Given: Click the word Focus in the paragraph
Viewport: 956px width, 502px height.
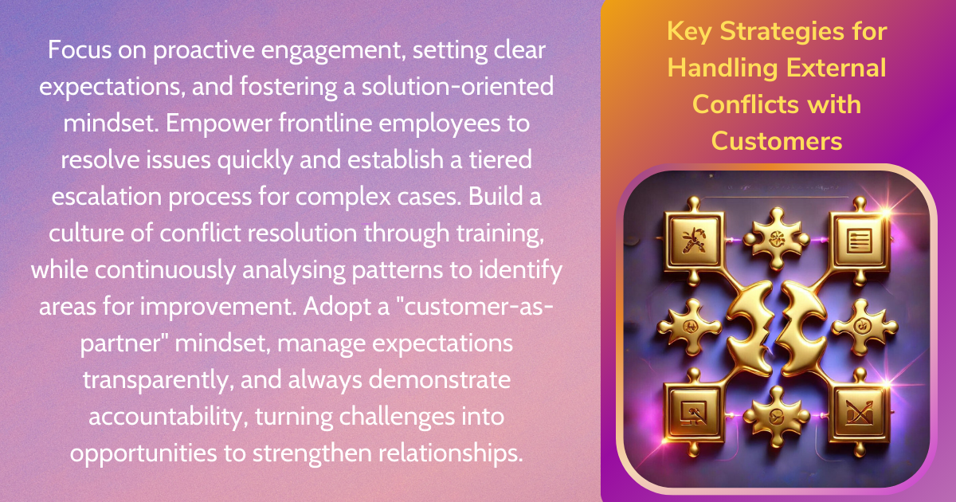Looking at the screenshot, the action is (x=80, y=50).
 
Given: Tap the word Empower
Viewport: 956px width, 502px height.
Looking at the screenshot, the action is (x=219, y=124).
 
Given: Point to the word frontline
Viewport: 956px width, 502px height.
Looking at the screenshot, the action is (x=325, y=123).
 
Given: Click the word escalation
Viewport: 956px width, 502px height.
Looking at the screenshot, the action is (x=107, y=197).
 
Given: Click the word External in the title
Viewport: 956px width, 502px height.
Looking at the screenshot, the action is (x=836, y=69).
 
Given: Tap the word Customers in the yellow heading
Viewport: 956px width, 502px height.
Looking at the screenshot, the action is (x=777, y=141).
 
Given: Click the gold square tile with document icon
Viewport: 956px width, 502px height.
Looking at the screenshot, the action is (x=859, y=241).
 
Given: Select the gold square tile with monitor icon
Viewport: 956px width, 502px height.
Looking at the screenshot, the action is (x=694, y=414).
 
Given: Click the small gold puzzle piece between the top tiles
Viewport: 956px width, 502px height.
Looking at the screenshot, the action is (x=776, y=238).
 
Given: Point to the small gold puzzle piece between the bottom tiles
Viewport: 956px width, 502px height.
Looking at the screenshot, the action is (x=777, y=416).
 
